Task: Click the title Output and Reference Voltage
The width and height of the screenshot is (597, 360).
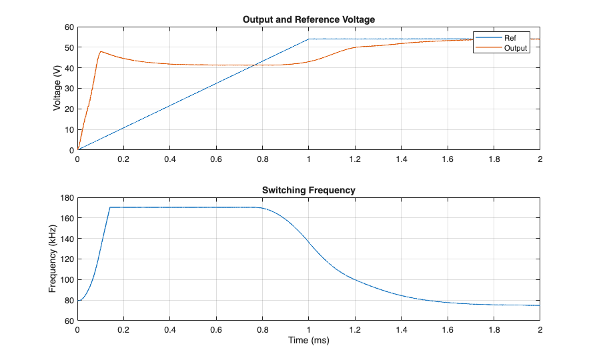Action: click(309, 19)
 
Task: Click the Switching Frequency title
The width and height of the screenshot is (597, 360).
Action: click(309, 190)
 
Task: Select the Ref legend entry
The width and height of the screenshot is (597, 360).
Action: click(511, 38)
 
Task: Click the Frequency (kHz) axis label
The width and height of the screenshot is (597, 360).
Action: click(53, 259)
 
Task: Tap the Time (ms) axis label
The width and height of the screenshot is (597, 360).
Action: click(309, 341)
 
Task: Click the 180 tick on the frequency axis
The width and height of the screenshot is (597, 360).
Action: click(66, 197)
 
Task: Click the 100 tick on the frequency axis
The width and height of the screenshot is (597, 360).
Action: click(66, 280)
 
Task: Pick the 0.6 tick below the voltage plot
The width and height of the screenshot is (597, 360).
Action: click(216, 160)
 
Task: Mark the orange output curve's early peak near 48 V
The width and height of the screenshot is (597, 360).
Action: click(101, 51)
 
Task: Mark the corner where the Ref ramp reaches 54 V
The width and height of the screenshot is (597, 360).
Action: click(309, 39)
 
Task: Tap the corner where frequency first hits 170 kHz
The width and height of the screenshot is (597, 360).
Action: click(110, 207)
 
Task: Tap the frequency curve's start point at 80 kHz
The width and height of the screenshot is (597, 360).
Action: click(78, 301)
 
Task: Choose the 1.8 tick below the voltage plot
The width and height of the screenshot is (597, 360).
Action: click(494, 160)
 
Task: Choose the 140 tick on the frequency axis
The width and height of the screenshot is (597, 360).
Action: click(66, 239)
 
